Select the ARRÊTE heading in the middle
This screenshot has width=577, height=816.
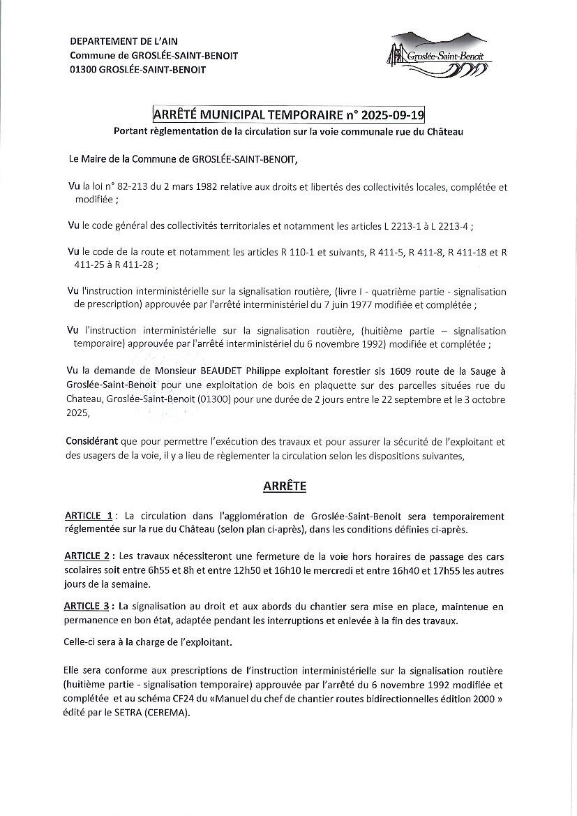[x=284, y=486]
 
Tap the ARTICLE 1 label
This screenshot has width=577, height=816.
[x=89, y=516]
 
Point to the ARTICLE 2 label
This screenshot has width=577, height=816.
[x=87, y=556]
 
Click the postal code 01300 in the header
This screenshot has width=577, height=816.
[x=83, y=69]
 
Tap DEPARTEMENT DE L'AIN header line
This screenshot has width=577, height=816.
[x=123, y=42]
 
